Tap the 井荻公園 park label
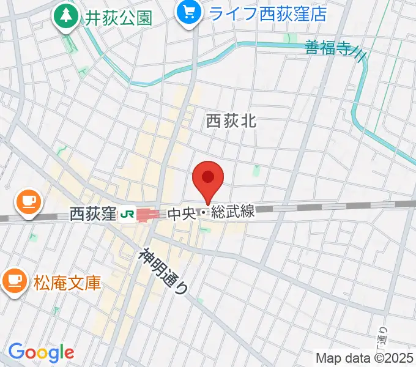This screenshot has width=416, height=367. coord(119,18)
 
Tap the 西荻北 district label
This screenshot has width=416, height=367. coord(231,122)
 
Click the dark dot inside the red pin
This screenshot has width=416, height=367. coord(208,177)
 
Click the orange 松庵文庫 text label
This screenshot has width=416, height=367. coord(67,283)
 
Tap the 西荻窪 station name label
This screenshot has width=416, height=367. coord(92,214)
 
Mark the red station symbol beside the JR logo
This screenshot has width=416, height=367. coord(147,214)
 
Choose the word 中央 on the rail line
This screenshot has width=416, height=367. coord(182,214)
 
